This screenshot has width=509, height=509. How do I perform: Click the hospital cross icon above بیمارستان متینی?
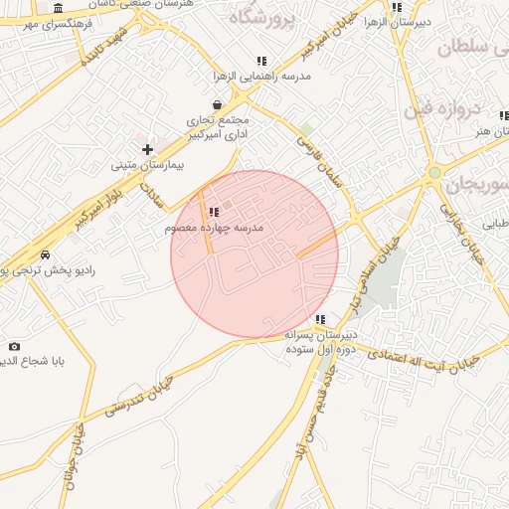[147, 149]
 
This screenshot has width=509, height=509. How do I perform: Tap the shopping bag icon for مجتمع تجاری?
[218, 104]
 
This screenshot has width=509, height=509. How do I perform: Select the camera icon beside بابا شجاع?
[13, 346]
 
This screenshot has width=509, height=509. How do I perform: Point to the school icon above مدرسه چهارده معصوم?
[214, 212]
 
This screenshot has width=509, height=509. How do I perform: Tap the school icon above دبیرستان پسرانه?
[320, 319]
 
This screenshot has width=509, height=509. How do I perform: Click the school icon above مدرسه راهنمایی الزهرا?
[261, 61]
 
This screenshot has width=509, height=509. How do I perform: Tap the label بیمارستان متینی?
[147, 165]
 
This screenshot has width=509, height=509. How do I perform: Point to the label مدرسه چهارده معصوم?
[214, 228]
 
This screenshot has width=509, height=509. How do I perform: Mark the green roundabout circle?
[433, 174]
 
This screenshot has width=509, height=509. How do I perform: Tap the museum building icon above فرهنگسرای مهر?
[60, 6]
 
